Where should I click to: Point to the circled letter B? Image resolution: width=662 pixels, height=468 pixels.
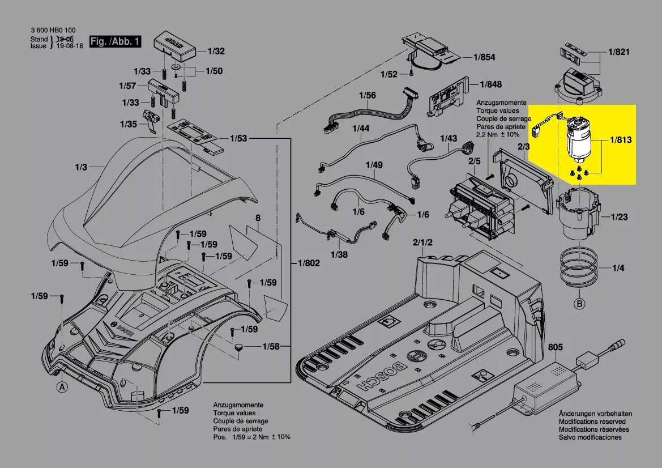coord(579,304)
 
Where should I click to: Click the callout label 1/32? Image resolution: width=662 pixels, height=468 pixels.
coord(216,51)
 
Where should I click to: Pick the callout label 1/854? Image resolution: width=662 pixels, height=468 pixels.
coord(484,57)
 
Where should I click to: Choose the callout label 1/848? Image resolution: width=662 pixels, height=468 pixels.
coord(490,84)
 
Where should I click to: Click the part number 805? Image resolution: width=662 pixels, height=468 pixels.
coord(556,347)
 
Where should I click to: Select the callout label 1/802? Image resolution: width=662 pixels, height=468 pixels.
coord(309,263)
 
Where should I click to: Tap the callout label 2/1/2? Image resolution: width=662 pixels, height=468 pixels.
coord(422,242)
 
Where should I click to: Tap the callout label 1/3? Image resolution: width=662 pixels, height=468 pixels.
coord(80,167)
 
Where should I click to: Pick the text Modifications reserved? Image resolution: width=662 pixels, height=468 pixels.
coord(592,422)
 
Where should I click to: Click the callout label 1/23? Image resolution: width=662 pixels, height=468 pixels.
coord(620,216)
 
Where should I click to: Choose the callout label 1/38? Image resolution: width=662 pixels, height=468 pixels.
coord(339,255)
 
